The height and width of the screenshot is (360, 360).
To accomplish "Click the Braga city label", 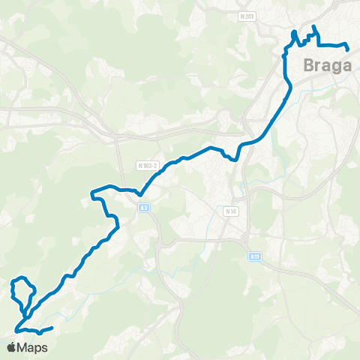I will [x=328, y=65].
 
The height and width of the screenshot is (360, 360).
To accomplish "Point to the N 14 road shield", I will [x=231, y=212].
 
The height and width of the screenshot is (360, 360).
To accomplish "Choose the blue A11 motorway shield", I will [x=256, y=256].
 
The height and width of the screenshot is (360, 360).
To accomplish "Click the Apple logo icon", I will [x=12, y=348].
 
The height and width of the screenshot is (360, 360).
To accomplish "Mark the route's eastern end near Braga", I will [x=349, y=49].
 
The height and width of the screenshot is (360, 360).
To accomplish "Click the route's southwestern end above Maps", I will [x=52, y=328].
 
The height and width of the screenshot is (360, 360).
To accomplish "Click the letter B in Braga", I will [x=309, y=65].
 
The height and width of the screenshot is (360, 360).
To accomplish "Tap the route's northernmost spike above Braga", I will [x=313, y=27].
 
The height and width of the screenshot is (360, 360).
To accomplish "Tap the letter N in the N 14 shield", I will [x=227, y=212].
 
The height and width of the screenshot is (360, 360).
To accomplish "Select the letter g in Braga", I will [x=337, y=67].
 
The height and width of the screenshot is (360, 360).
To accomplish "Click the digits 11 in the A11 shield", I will [x=257, y=256].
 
